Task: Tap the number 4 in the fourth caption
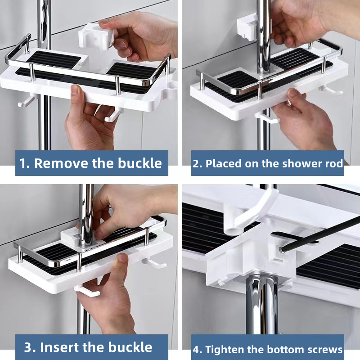[196, 349]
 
